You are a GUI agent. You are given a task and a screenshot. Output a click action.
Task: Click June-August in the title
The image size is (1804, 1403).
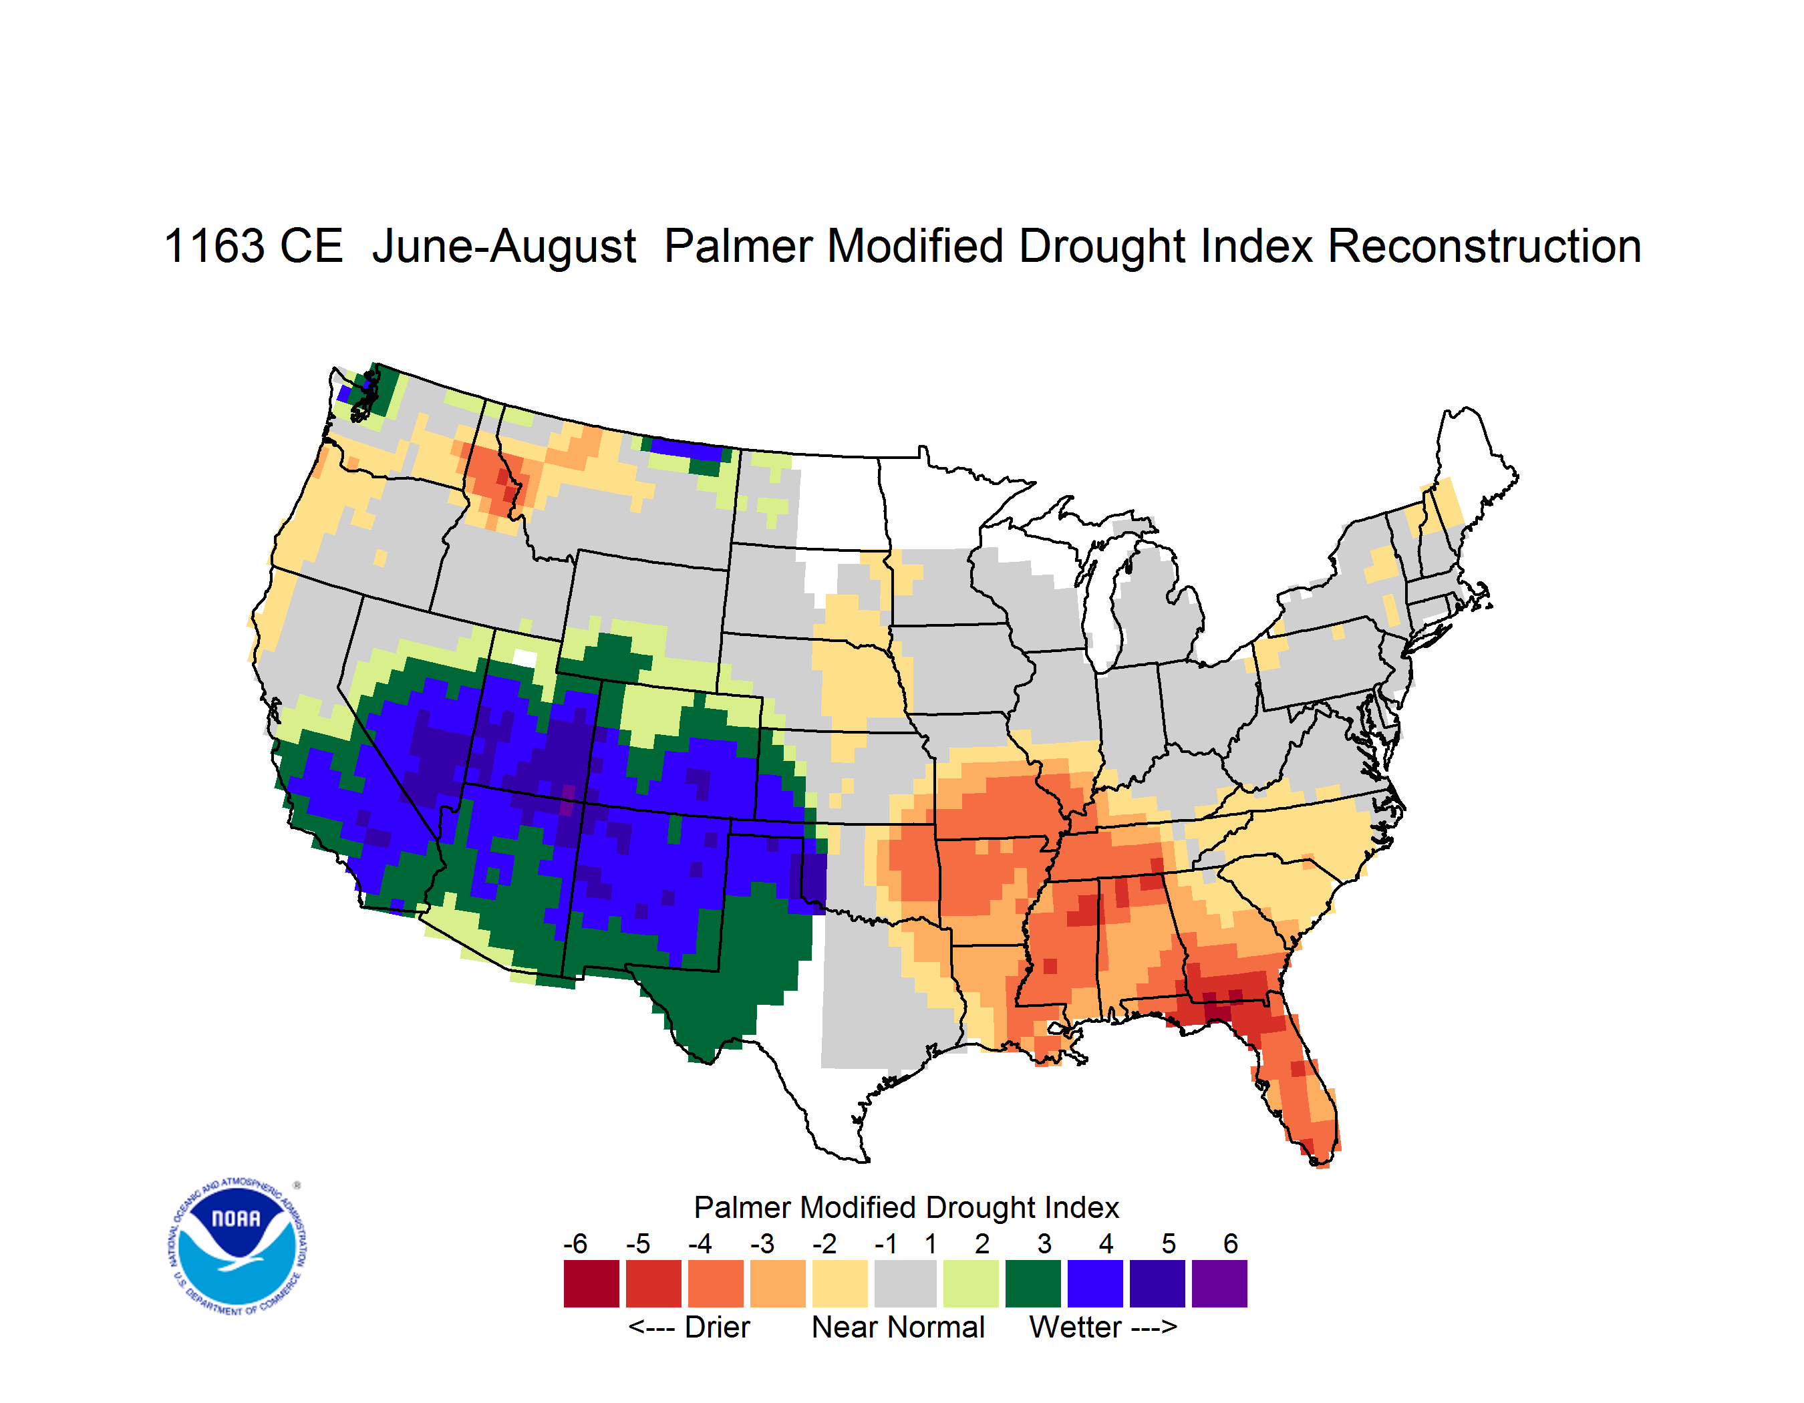(x=504, y=248)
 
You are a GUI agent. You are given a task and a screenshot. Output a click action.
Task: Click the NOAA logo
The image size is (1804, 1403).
(x=237, y=1247)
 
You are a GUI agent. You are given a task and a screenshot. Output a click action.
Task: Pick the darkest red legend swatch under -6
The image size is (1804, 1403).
(x=591, y=1283)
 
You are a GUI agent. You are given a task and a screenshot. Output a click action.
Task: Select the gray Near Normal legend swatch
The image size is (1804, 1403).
(x=905, y=1283)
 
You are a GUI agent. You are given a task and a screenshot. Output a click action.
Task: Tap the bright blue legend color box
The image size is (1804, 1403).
(x=1095, y=1283)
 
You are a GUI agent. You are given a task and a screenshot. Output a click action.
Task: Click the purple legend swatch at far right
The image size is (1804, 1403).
(x=1219, y=1283)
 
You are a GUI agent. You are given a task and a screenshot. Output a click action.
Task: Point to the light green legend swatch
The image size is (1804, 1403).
(x=971, y=1283)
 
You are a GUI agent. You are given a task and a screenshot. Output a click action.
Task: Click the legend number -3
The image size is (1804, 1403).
(x=762, y=1243)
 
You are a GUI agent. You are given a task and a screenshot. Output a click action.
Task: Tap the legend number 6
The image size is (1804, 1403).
(x=1231, y=1243)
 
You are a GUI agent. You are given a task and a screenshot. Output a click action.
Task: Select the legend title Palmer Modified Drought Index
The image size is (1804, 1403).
(x=906, y=1207)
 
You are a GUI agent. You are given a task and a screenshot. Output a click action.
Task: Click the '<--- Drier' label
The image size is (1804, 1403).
(x=689, y=1327)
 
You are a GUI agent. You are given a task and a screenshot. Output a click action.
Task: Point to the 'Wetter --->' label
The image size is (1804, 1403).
(x=1102, y=1327)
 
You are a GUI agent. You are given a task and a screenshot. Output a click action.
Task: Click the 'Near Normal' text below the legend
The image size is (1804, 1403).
(x=898, y=1327)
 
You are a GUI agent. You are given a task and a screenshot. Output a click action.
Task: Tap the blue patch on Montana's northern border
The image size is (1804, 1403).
(x=688, y=449)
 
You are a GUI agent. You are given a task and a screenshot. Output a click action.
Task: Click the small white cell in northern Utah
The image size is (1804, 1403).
(x=524, y=658)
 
